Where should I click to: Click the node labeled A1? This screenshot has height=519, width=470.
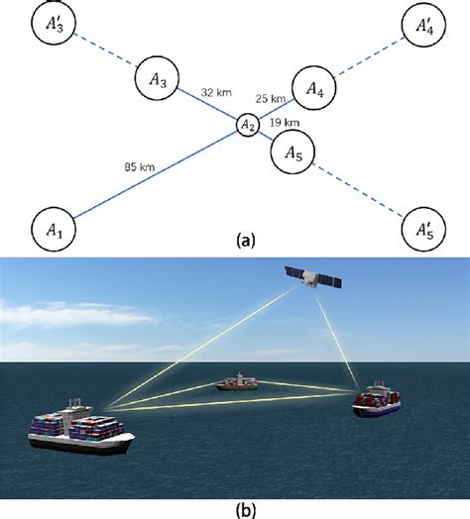click(x=54, y=229)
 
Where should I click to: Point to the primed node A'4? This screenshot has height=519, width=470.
click(x=424, y=27)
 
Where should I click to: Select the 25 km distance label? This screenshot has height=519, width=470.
click(x=269, y=99)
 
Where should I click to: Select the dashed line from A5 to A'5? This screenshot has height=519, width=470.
click(x=359, y=191)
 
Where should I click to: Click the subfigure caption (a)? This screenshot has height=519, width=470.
click(x=235, y=242)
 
